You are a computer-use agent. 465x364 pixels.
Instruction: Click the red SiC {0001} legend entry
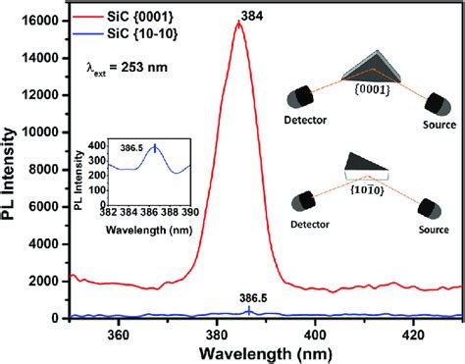point(141,18)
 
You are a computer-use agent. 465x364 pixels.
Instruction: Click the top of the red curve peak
point(238,23)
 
